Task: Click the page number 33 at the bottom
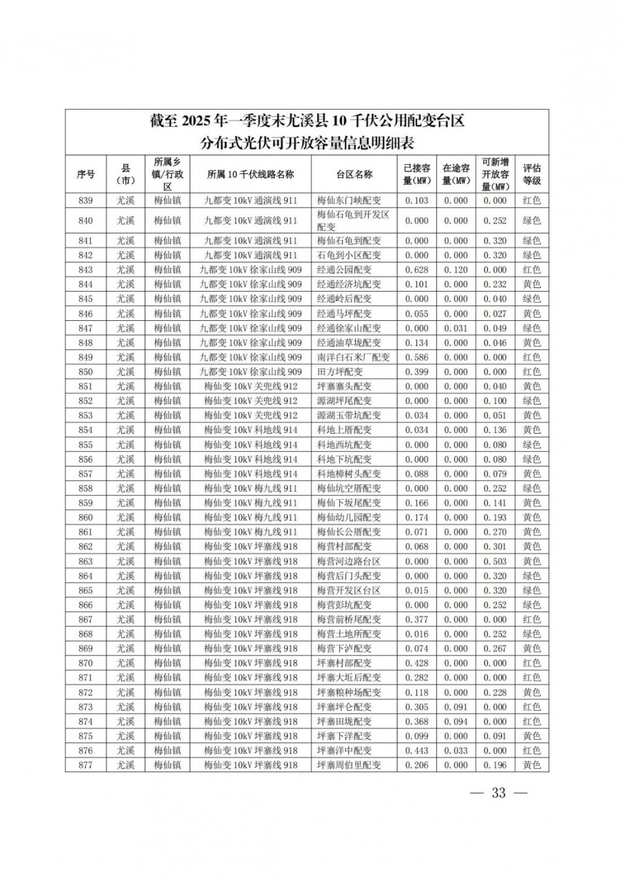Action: pyautogui.click(x=498, y=793)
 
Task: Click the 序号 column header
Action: pyautogui.click(x=86, y=174)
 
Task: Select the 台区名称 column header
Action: pyautogui.click(x=354, y=174)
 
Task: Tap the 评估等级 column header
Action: pyautogui.click(x=531, y=174)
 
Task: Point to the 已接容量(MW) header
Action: pyautogui.click(x=416, y=174)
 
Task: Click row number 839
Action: pyautogui.click(x=86, y=201)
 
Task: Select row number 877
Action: pyautogui.click(x=86, y=765)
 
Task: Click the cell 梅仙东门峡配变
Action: pyautogui.click(x=348, y=201)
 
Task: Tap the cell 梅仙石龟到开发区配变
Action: pyautogui.click(x=353, y=221)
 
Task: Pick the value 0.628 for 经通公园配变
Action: pyautogui.click(x=416, y=270)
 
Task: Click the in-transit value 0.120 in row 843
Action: pyautogui.click(x=456, y=270)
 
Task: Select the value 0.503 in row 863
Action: pyautogui.click(x=495, y=561)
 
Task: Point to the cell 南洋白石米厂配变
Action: pyautogui.click(x=353, y=357)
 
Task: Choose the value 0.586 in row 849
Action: pyautogui.click(x=416, y=357)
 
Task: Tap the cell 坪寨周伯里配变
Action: pyautogui.click(x=348, y=765)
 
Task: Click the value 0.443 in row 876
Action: pyautogui.click(x=416, y=751)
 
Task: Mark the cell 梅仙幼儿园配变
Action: pyautogui.click(x=348, y=517)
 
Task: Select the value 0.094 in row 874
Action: pyautogui.click(x=456, y=722)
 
